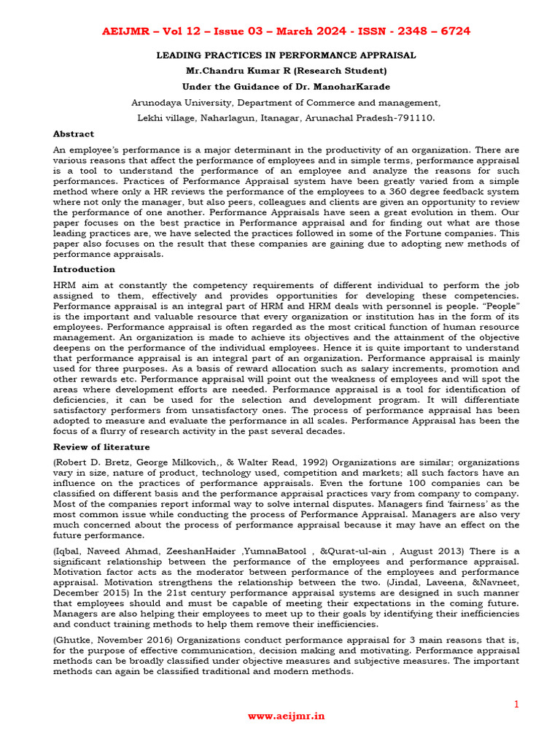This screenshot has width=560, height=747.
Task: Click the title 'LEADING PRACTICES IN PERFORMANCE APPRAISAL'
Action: point(286,55)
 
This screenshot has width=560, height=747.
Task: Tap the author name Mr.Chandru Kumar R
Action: point(244,71)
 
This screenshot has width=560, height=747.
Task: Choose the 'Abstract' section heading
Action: point(74,134)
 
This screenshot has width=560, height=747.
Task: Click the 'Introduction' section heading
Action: point(83,269)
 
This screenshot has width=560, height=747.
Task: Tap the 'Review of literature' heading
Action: point(101,447)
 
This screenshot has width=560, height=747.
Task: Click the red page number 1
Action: point(516,704)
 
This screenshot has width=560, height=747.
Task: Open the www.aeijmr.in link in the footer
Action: point(286,717)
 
